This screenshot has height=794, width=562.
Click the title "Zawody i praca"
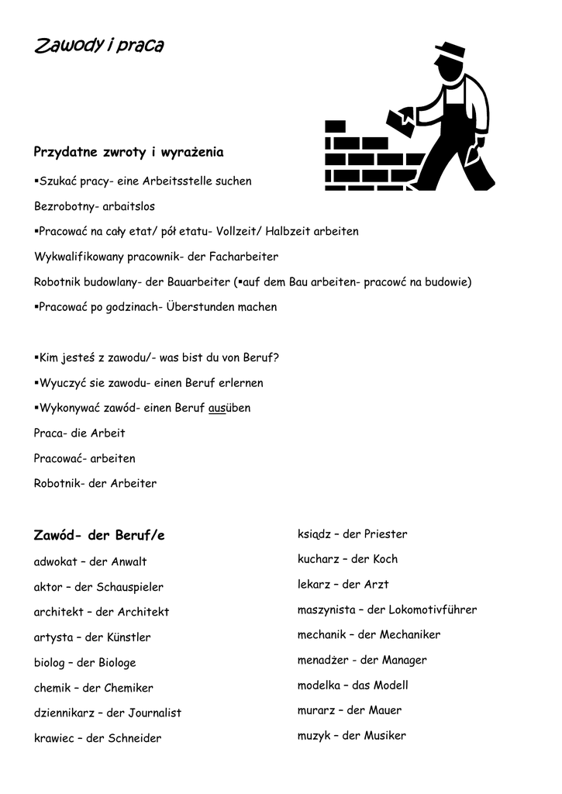tap(98, 47)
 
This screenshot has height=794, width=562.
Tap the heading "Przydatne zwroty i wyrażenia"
tap(129, 152)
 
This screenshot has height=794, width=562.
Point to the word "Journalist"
tap(153, 713)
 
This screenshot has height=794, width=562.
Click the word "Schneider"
tap(135, 738)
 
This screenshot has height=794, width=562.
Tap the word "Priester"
tap(385, 534)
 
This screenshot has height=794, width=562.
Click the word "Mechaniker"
tap(410, 635)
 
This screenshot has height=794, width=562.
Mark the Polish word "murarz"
tap(315, 710)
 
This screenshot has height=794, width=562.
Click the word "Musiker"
tap(385, 736)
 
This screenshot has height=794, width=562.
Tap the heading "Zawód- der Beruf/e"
tap(99, 536)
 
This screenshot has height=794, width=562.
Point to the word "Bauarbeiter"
tap(197, 281)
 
